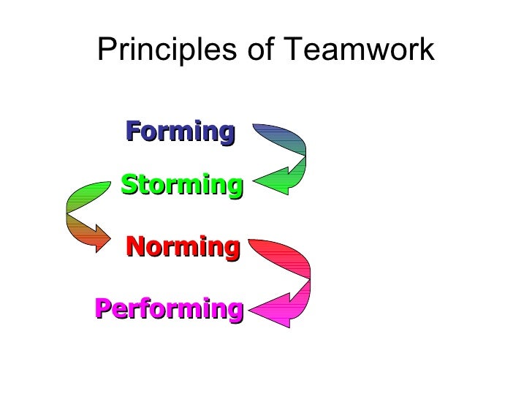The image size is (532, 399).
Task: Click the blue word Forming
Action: coord(180,132)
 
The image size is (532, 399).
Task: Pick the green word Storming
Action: coord(181,185)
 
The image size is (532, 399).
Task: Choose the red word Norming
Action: coord(183,247)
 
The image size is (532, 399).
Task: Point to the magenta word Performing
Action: coord(168,309)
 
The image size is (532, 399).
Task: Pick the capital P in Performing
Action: coord(102,309)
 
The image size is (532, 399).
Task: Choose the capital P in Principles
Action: coord(107,50)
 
